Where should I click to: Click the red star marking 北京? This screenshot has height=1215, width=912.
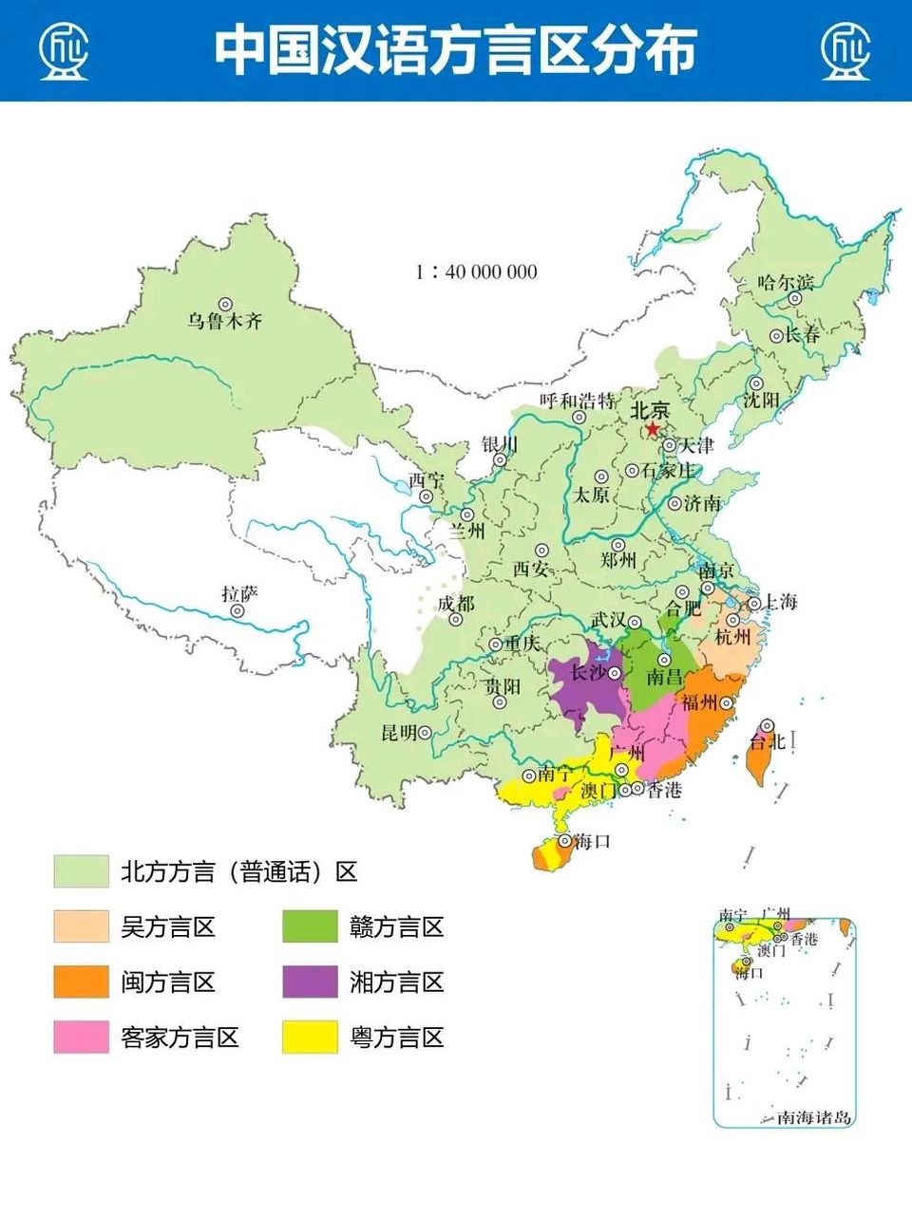click(x=652, y=430)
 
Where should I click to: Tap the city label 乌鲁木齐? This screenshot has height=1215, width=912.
click(x=224, y=322)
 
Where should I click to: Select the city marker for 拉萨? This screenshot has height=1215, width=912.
click(x=237, y=611)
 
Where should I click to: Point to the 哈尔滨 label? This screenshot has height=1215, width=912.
click(x=786, y=283)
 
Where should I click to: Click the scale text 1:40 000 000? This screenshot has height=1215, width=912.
click(x=476, y=272)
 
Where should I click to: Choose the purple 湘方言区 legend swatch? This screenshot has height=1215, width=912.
click(x=310, y=981)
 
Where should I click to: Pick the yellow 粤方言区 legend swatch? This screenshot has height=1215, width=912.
click(x=310, y=1037)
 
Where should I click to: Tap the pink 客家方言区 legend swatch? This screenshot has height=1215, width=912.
click(x=81, y=1037)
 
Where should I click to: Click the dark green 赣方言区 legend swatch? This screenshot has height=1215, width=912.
click(x=310, y=926)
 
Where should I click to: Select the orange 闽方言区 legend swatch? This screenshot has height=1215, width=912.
click(x=81, y=981)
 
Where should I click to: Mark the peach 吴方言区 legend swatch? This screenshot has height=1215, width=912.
click(x=81, y=926)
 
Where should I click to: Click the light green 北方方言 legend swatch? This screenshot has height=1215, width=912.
click(x=81, y=871)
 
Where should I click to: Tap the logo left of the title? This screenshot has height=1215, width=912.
click(x=64, y=50)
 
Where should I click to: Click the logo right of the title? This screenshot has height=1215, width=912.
click(x=845, y=50)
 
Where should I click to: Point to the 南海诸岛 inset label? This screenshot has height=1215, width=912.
click(x=814, y=1117)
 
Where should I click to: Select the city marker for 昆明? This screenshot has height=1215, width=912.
click(x=426, y=733)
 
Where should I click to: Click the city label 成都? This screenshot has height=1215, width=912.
click(x=455, y=605)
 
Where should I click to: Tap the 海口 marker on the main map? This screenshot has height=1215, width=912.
click(x=564, y=841)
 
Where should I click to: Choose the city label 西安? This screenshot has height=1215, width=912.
click(x=531, y=569)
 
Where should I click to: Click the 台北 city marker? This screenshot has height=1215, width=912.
click(x=767, y=726)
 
